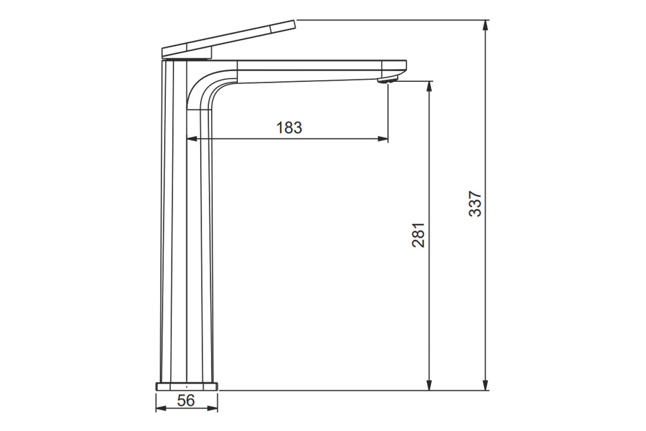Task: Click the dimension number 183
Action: pyautogui.click(x=289, y=128)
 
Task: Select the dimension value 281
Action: pyautogui.click(x=418, y=235)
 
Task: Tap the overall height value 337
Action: pyautogui.click(x=475, y=204)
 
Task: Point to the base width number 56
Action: pyautogui.click(x=186, y=400)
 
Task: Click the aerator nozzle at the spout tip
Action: pyautogui.click(x=388, y=79)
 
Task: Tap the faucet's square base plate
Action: pyautogui.click(x=187, y=386)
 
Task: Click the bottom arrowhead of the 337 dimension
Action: pyautogui.click(x=486, y=385)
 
